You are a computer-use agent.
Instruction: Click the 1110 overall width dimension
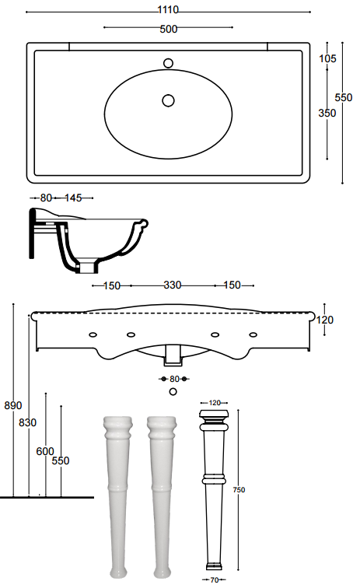click(x=168, y=10)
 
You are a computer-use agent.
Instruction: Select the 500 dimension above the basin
click(x=169, y=29)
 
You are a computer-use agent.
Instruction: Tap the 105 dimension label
click(x=327, y=58)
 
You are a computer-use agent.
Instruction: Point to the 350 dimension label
click(x=327, y=113)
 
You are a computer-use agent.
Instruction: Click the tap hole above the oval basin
click(x=169, y=63)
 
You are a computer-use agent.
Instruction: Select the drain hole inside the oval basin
click(x=169, y=100)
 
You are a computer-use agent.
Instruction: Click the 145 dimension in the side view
click(x=73, y=198)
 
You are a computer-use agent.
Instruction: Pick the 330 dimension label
click(x=173, y=285)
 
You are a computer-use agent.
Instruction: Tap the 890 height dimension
click(x=13, y=405)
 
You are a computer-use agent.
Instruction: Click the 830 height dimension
click(x=28, y=422)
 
